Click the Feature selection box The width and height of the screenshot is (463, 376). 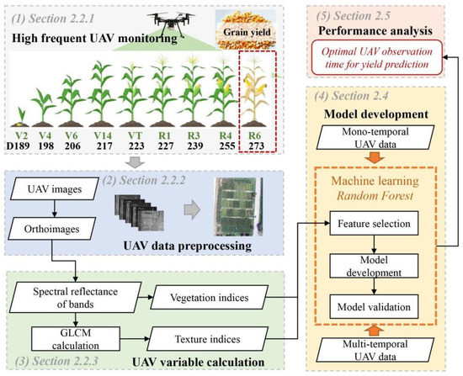tap(383, 225)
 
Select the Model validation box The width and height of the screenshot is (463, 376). tap(383, 298)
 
